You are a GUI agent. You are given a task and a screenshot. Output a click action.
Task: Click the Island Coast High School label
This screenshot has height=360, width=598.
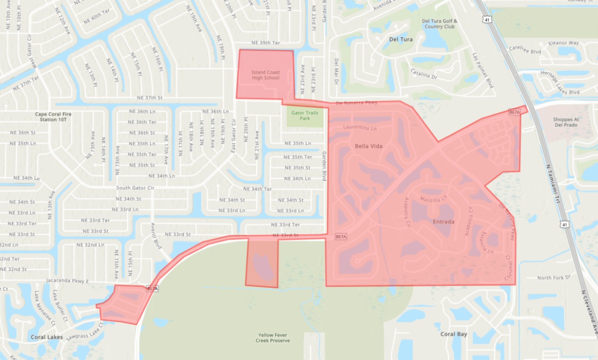tap(265, 75)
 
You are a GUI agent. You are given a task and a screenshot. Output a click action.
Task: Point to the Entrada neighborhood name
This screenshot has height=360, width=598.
tap(430, 222)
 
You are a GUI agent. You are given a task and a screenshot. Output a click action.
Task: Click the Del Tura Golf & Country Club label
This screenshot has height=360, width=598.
tap(439, 24)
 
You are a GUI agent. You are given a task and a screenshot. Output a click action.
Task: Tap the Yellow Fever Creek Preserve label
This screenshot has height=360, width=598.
tap(274, 338)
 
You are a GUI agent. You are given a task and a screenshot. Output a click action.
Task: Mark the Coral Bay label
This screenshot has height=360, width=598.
tap(453, 334)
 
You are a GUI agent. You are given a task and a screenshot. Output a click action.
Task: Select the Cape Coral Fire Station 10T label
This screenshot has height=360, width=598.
tap(53, 117)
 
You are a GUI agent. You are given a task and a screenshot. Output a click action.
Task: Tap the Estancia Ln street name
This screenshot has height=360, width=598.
tap(484, 244)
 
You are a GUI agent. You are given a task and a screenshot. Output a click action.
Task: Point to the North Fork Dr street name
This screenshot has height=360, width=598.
tap(553, 278)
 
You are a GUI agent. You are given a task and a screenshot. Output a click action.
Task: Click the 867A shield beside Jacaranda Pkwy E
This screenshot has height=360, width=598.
tap(152, 288)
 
